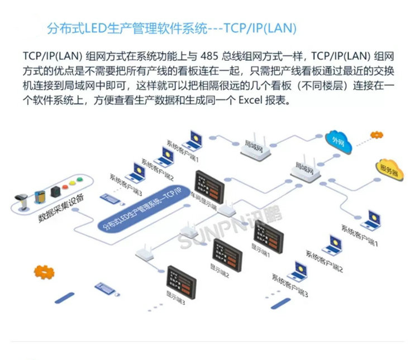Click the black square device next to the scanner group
[x=54, y=191]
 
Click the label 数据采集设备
[x=61, y=208]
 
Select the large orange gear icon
[x=44, y=273]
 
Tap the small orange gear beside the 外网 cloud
[x=373, y=134]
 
